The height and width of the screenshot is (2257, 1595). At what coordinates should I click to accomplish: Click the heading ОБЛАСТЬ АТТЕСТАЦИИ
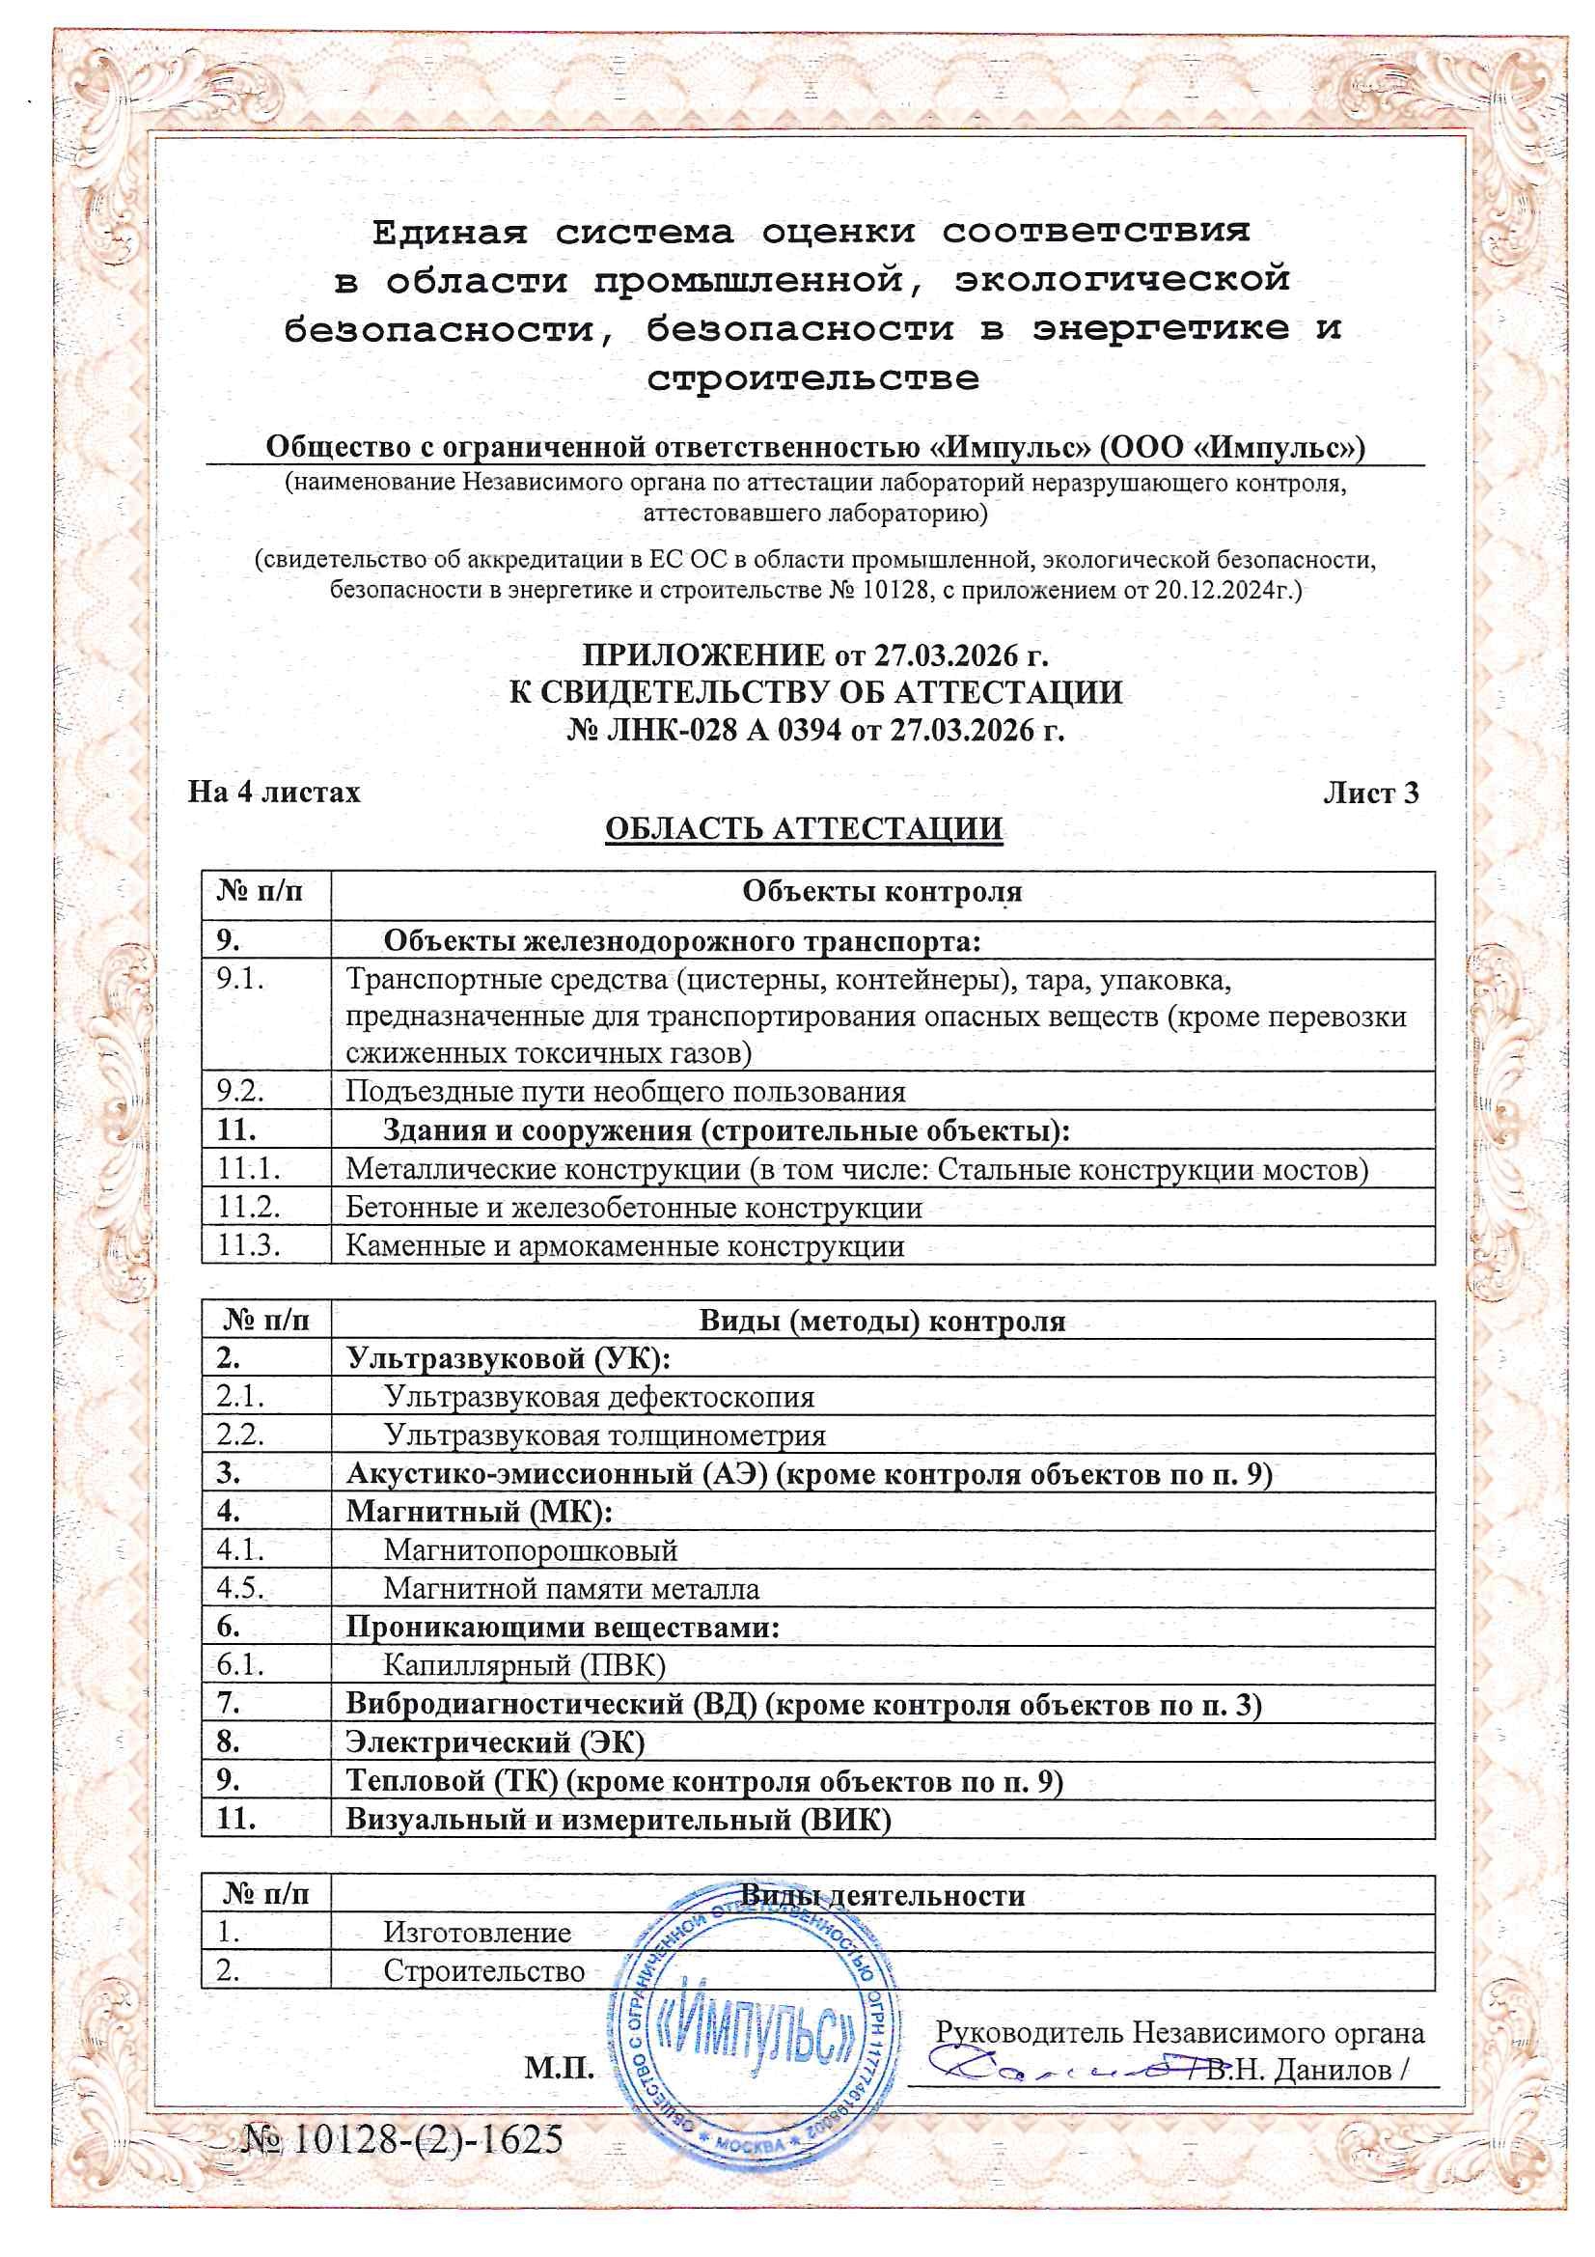pyautogui.click(x=803, y=828)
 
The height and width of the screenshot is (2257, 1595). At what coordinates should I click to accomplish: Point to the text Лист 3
pyautogui.click(x=1370, y=793)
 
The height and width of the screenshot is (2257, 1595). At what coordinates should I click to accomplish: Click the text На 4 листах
pyautogui.click(x=274, y=793)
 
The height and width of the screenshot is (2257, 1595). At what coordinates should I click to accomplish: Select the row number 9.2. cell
pyautogui.click(x=241, y=1091)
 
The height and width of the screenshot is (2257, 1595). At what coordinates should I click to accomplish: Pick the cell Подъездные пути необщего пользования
pyautogui.click(x=625, y=1091)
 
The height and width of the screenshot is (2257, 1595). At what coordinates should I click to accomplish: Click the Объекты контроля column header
pyautogui.click(x=882, y=892)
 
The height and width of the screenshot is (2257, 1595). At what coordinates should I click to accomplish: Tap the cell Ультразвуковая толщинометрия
pyautogui.click(x=604, y=1435)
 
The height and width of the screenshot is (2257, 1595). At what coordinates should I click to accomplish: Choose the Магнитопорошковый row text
pyautogui.click(x=530, y=1550)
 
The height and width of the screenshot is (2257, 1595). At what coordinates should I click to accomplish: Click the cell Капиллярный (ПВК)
pyautogui.click(x=524, y=1665)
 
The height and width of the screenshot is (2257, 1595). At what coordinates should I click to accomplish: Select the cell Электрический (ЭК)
pyautogui.click(x=494, y=1742)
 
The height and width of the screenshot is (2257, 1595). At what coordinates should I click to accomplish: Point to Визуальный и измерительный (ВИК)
pyautogui.click(x=618, y=1819)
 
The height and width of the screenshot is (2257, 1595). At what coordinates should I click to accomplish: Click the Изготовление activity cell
pyautogui.click(x=477, y=1932)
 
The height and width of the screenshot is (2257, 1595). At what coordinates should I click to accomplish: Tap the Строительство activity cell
pyautogui.click(x=483, y=1970)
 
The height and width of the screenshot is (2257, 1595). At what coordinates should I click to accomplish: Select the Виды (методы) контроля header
pyautogui.click(x=882, y=1322)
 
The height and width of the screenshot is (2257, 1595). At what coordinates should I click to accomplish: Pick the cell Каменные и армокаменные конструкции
pyautogui.click(x=624, y=1246)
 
